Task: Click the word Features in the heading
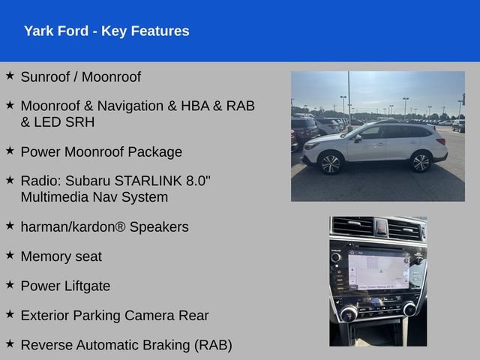pos(160,31)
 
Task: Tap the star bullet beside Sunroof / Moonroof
pos(10,75)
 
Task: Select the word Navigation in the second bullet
pos(130,106)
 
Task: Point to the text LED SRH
pos(64,122)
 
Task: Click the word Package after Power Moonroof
pos(155,151)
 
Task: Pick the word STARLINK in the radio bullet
pos(148,181)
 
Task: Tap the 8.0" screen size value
pos(198,181)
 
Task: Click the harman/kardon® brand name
pos(73,227)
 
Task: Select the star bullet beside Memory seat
pos(10,255)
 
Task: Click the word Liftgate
pos(88,286)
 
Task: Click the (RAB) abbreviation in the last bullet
pos(213,345)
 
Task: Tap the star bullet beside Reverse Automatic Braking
pos(10,343)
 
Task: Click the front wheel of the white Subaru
pos(330,163)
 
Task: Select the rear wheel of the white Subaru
pos(421,162)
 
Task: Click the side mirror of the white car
pos(358,138)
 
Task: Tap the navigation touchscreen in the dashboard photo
pos(378,270)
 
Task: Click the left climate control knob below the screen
pos(349,313)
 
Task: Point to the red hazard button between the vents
pos(381,227)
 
